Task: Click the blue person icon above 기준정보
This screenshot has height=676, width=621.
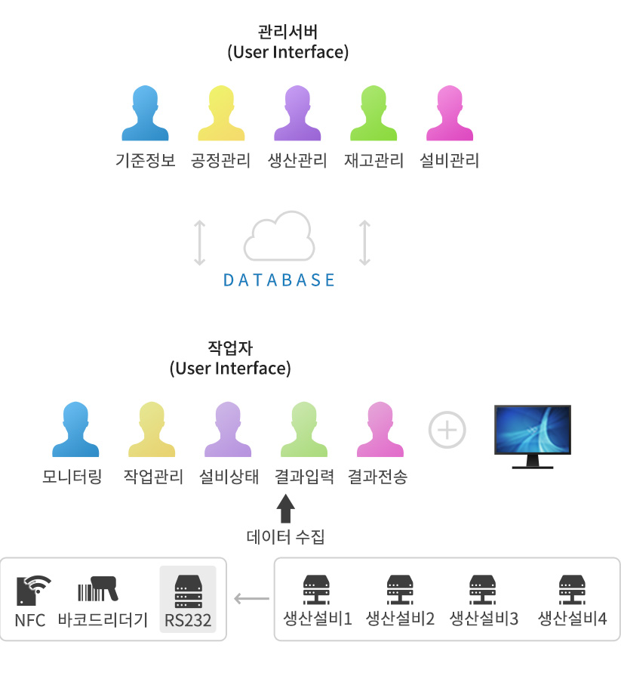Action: point(145,113)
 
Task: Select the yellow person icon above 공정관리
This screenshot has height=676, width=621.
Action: point(221,113)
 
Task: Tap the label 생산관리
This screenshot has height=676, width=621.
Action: point(297,160)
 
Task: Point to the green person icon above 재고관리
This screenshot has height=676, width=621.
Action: point(374,113)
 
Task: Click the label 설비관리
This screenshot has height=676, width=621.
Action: point(450,160)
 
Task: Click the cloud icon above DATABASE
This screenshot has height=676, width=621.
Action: point(279,236)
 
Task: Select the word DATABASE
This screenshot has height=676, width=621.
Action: point(279,280)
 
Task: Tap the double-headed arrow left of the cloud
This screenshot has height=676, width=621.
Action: point(199,242)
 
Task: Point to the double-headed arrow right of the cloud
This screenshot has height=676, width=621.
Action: point(364,242)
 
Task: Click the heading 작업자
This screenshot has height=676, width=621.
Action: point(230,348)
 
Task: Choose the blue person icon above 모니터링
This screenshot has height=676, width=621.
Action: point(75,430)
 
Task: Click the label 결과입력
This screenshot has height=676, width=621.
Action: point(305,477)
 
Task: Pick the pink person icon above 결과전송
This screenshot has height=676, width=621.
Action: point(380,430)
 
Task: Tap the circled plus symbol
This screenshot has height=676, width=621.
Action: point(447,430)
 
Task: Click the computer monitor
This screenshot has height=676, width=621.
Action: point(533,437)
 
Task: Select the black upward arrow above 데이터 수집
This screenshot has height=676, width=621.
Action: point(285,509)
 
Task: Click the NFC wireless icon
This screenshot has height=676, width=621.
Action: point(34,590)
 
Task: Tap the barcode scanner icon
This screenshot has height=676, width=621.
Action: point(98,588)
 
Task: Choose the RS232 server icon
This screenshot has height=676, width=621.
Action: point(188,591)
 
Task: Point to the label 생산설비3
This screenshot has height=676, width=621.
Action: point(484,619)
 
